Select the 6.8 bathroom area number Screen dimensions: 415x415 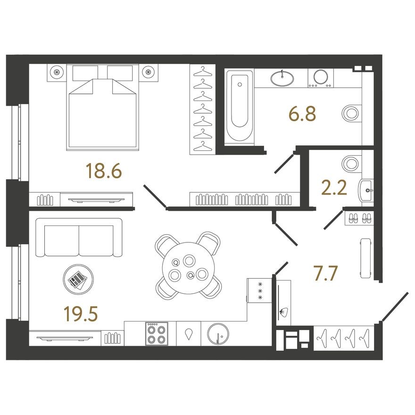[x=302, y=114]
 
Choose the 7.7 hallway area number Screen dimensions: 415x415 [x=325, y=273]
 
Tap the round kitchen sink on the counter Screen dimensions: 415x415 [x=217, y=334]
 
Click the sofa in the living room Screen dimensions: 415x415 [x=79, y=238]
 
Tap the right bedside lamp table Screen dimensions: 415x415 [x=149, y=72]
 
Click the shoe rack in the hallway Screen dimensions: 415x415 [x=359, y=218]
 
